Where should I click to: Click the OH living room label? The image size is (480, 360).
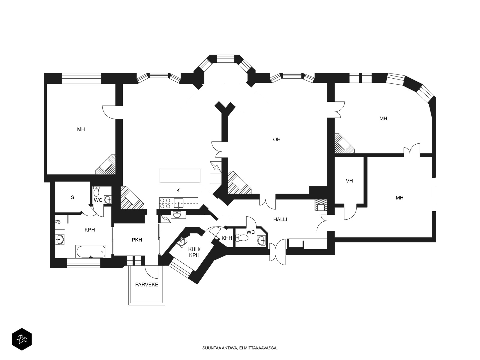point(277,139)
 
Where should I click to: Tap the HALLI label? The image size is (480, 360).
point(280,220)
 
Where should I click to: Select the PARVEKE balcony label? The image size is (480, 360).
point(146,285)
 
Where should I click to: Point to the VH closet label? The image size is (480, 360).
point(349,181)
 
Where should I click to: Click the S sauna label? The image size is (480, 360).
point(73,197)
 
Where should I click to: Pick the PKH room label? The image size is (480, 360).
point(137,240)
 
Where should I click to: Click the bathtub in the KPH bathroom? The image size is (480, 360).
point(91,252)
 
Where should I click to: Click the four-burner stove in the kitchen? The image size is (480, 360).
point(165,203)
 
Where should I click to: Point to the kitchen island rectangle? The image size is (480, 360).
point(180,176)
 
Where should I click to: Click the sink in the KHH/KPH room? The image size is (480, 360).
point(181,242)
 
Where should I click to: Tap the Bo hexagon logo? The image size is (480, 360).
point(22,339)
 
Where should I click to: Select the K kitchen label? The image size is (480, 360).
point(178,190)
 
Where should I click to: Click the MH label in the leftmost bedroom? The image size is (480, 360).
point(81,129)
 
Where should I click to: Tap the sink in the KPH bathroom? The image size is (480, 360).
point(59,239)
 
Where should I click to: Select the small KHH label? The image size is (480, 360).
point(227,238)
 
